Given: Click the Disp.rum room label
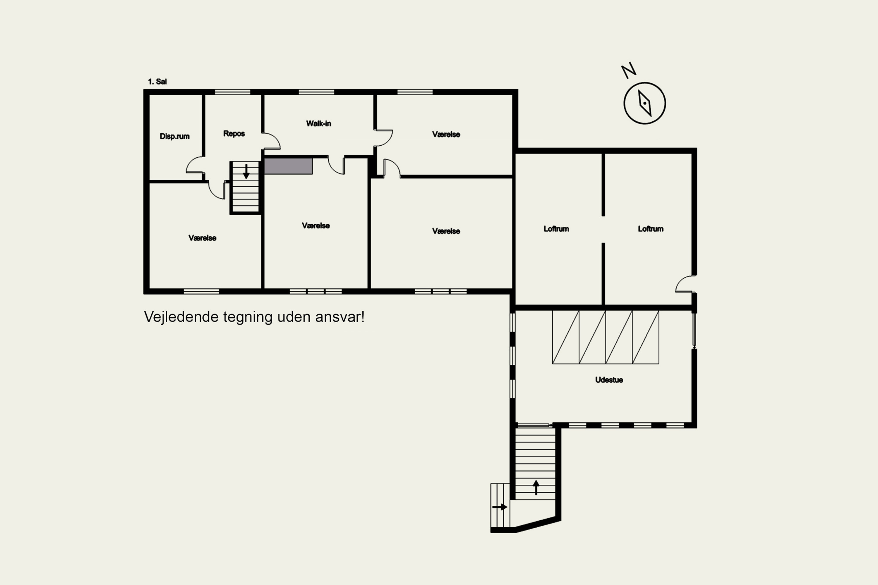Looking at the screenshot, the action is pos(174,136).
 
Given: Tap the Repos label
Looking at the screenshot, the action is pos(234,134).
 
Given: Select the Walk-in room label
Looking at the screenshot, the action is pos(318,123).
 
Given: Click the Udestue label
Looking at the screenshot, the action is pos(609,380).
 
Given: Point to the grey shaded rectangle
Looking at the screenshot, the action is pos(288,166).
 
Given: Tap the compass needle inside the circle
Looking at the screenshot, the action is pos(645,103).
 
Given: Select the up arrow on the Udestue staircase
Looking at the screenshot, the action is pos(536,487).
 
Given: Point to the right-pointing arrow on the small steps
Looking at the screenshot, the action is pos(500,507).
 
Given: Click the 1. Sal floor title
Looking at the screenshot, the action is pos(157,82).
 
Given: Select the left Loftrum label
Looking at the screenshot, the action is pos(556,229).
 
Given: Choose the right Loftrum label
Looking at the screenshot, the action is pos(651,229).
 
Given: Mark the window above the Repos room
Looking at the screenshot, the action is pos(233,92).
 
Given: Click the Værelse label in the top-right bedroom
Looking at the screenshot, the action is pos(446,134).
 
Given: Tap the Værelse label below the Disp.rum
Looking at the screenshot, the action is pos(202,238).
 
